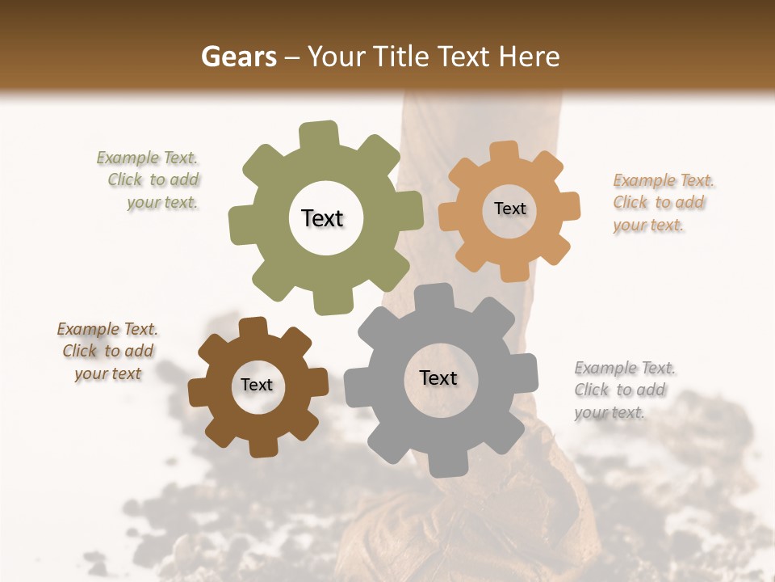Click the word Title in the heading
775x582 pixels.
401,57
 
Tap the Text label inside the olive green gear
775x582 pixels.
322,218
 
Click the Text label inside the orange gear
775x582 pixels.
509,209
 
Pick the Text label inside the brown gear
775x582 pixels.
257,385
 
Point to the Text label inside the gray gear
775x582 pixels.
438,377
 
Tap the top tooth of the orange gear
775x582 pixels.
504,151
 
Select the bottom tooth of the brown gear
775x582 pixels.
263,446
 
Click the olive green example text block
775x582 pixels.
153,180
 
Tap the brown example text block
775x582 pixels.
107,351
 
